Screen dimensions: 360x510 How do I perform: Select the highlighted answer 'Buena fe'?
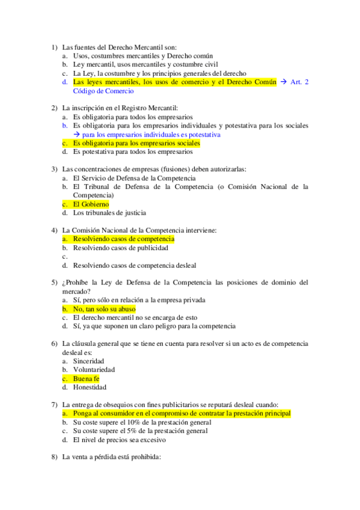tap(86, 379)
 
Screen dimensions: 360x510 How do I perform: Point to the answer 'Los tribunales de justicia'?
tap(109, 213)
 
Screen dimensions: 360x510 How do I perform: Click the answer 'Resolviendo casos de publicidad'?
tap(120, 248)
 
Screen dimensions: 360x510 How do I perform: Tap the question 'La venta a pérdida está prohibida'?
tap(112, 458)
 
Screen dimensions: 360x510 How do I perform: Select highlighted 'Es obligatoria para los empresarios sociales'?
tap(136, 144)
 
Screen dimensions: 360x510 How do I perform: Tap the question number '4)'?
tap(55, 230)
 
